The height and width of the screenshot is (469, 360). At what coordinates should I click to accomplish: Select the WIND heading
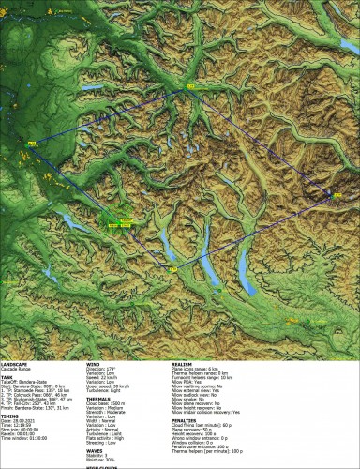point(94,362)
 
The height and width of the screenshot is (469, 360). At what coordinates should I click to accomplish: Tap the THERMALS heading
point(99,399)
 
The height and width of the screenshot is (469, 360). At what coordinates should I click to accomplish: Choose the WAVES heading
point(96,450)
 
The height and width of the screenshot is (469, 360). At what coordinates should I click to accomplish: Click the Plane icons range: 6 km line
point(202,367)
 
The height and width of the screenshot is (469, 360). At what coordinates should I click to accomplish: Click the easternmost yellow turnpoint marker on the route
point(336,194)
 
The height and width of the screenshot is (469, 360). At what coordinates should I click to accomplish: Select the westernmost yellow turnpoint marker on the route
point(32,143)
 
